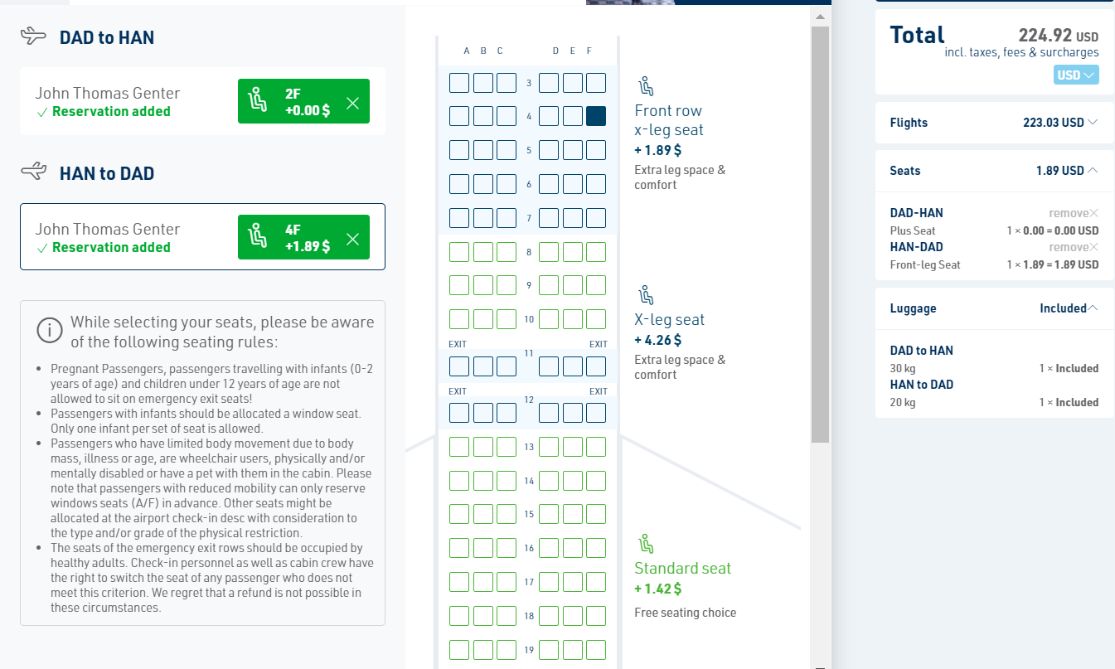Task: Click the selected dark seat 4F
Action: pyautogui.click(x=596, y=116)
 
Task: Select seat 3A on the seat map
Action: pyautogui.click(x=459, y=83)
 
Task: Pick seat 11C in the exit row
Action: pyautogui.click(x=507, y=366)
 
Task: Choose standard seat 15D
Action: pyautogui.click(x=549, y=514)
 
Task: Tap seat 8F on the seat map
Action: pyautogui.click(x=596, y=252)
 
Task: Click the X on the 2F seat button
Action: pyautogui.click(x=353, y=103)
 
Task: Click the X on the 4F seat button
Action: pyautogui.click(x=353, y=239)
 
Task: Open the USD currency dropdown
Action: pyautogui.click(x=1076, y=75)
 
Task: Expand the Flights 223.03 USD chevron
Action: pyautogui.click(x=1093, y=122)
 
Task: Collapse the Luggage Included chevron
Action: pyautogui.click(x=1093, y=308)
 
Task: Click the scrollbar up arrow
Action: pyautogui.click(x=821, y=17)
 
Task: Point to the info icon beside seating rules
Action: pyautogui.click(x=50, y=330)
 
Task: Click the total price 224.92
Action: pyautogui.click(x=1045, y=36)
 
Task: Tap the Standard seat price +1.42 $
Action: pyautogui.click(x=657, y=589)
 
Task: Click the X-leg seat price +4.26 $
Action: pyautogui.click(x=657, y=340)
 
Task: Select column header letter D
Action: pyautogui.click(x=555, y=51)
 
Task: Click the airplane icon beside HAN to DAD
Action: pyautogui.click(x=34, y=171)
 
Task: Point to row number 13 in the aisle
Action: pyautogui.click(x=529, y=447)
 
